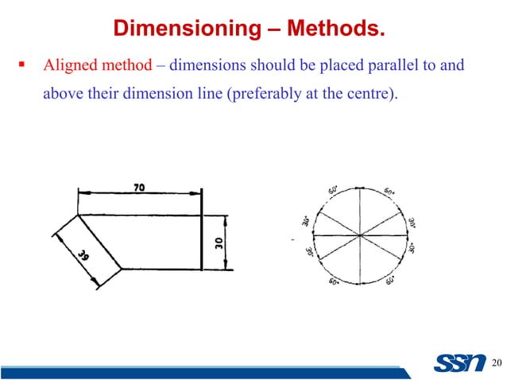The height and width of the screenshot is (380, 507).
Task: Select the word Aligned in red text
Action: click(x=67, y=65)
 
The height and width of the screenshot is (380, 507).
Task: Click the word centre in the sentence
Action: click(x=375, y=95)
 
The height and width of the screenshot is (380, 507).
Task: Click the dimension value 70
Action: click(x=139, y=187)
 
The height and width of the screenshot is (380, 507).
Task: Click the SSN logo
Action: click(x=459, y=363)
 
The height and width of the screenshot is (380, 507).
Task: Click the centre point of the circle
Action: click(x=361, y=236)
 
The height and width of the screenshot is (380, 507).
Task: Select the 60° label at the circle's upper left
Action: click(x=331, y=192)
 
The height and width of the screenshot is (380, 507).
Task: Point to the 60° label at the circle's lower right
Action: click(x=389, y=280)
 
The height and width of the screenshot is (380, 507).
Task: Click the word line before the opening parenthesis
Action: click(x=210, y=95)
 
